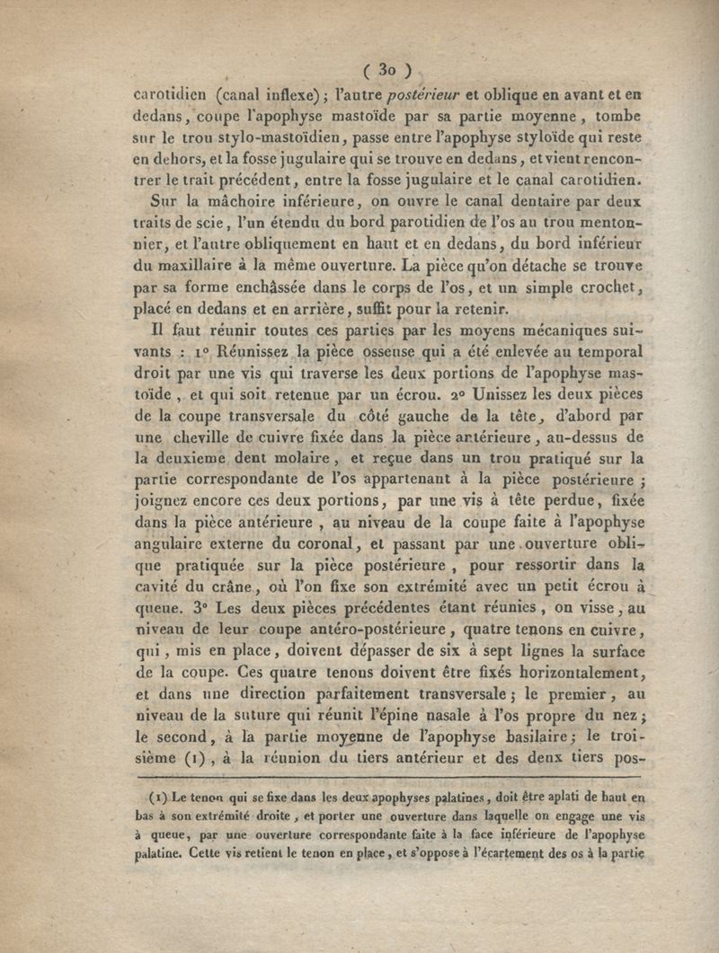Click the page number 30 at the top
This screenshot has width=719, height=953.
[387, 68]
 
